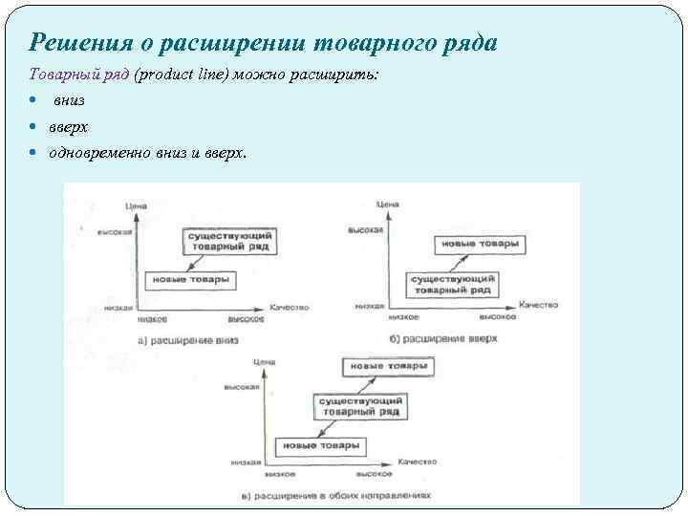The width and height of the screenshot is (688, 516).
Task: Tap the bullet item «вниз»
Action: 69,100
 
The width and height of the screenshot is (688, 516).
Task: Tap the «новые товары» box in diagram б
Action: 481,245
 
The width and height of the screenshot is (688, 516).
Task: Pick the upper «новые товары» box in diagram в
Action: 389,367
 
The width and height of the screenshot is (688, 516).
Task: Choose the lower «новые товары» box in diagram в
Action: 319,446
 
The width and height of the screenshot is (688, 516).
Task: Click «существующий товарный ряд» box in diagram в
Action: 361,407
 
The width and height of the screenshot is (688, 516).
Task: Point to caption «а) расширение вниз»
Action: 188,340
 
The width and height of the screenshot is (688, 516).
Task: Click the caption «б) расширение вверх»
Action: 444,339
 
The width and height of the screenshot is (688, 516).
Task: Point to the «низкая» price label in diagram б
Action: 369,307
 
